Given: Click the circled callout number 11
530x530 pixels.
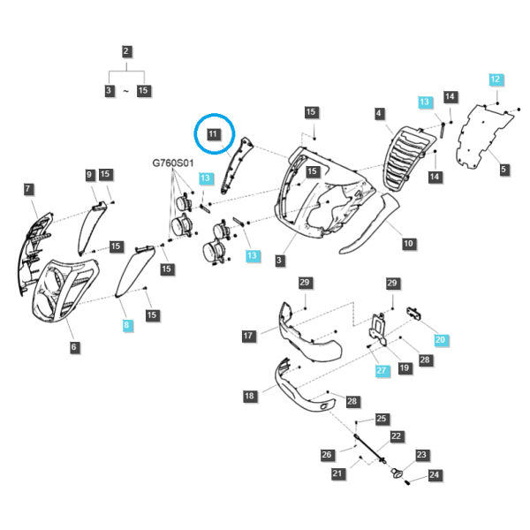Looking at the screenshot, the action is tap(213, 134).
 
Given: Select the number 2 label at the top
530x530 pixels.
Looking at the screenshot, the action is tap(126, 51).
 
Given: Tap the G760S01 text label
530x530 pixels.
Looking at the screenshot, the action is tap(173, 163).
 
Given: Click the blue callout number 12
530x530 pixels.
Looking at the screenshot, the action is tap(496, 79).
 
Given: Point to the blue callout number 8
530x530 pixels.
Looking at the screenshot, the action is tap(126, 325).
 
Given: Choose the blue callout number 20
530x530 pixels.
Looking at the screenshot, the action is tap(440, 340).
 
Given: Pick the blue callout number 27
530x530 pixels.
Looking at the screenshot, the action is tap(382, 370).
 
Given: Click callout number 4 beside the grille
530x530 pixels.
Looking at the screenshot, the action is tap(379, 113).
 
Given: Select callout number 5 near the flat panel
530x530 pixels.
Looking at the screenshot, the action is tap(503, 170).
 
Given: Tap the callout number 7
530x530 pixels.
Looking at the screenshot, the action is tap(27, 189).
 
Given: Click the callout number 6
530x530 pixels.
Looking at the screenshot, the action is tap(73, 347).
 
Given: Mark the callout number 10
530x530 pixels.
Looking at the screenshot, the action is tap(408, 244).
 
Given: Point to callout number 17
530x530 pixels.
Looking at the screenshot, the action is tap(248, 336).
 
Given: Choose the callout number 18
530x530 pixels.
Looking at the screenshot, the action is tap(249, 396).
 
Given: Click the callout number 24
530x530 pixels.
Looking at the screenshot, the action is tap(434, 475).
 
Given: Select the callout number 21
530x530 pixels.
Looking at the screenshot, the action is tap(337, 473).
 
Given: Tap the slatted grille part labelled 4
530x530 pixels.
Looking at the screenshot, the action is tap(408, 160).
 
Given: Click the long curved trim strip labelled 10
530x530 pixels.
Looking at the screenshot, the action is tap(370, 223).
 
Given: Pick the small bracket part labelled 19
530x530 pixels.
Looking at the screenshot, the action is tap(378, 329).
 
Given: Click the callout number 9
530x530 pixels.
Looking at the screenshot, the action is tap(89, 175).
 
